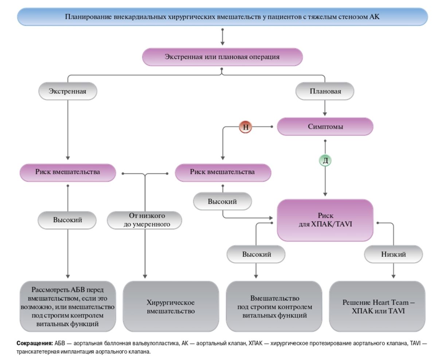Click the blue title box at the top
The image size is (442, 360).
tap(222, 17)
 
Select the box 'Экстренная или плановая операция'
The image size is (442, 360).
tap(222, 57)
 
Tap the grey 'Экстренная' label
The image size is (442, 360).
tap(68, 91)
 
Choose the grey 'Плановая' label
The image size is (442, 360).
tap(325, 91)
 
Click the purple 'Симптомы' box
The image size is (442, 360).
tap(325, 126)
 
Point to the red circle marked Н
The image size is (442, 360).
tap(246, 127)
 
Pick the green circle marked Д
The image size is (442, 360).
tap(325, 160)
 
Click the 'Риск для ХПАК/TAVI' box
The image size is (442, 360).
tap(325, 220)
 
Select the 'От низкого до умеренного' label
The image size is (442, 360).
tap(145, 220)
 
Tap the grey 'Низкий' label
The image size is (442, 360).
tap(394, 254)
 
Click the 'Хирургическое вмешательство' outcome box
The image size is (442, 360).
tap(171, 306)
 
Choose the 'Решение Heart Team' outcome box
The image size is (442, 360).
tap(377, 306)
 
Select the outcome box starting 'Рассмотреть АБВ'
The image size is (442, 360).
tap(68, 306)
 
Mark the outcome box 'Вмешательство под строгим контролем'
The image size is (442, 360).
tap(274, 306)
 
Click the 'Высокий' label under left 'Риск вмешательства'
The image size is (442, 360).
tap(67, 220)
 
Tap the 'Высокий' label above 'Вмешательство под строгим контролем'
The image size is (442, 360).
tap(256, 254)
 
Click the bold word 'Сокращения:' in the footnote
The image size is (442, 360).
tap(35, 343)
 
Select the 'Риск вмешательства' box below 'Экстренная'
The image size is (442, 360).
tap(68, 173)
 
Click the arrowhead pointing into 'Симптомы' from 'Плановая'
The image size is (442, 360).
tap(325, 114)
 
